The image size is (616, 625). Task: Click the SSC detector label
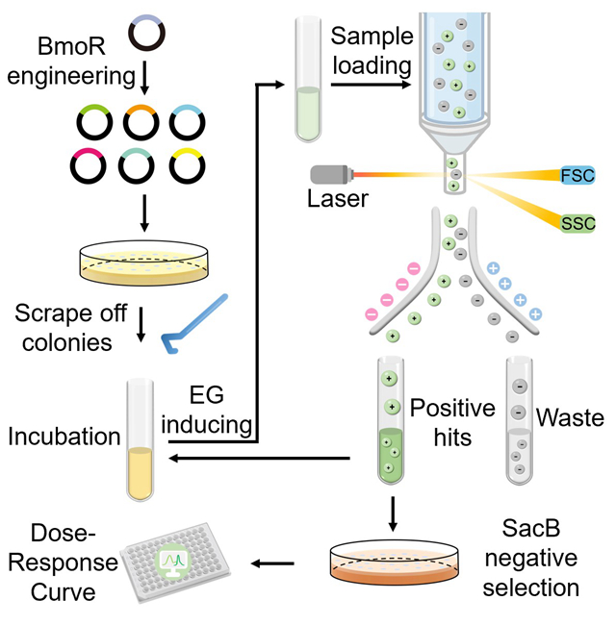pos(577,223)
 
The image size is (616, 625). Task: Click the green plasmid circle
pos(94,122)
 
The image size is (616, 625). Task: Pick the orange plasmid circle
pos(141,122)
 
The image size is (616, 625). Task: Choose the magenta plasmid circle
pos(94,166)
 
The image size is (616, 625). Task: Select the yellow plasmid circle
pos(187,166)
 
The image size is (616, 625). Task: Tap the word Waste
pos(570,419)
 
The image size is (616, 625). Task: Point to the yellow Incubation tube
pos(141,439)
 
